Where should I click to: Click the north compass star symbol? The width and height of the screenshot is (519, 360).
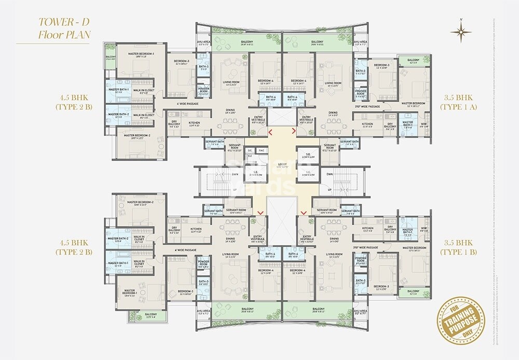click(460, 33)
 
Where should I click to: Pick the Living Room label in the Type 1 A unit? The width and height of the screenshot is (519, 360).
click(333, 84)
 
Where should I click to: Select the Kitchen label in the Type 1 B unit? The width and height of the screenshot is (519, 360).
click(367, 229)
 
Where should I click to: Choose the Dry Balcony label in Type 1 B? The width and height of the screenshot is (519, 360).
click(389, 230)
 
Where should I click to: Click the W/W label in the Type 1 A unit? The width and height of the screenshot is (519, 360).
click(423, 124)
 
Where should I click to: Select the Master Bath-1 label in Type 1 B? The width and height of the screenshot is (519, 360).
click(407, 232)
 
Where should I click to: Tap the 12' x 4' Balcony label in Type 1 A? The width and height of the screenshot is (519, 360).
click(413, 61)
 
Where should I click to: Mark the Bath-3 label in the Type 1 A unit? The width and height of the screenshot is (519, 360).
click(360, 72)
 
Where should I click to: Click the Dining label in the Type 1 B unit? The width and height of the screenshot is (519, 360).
click(333, 240)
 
